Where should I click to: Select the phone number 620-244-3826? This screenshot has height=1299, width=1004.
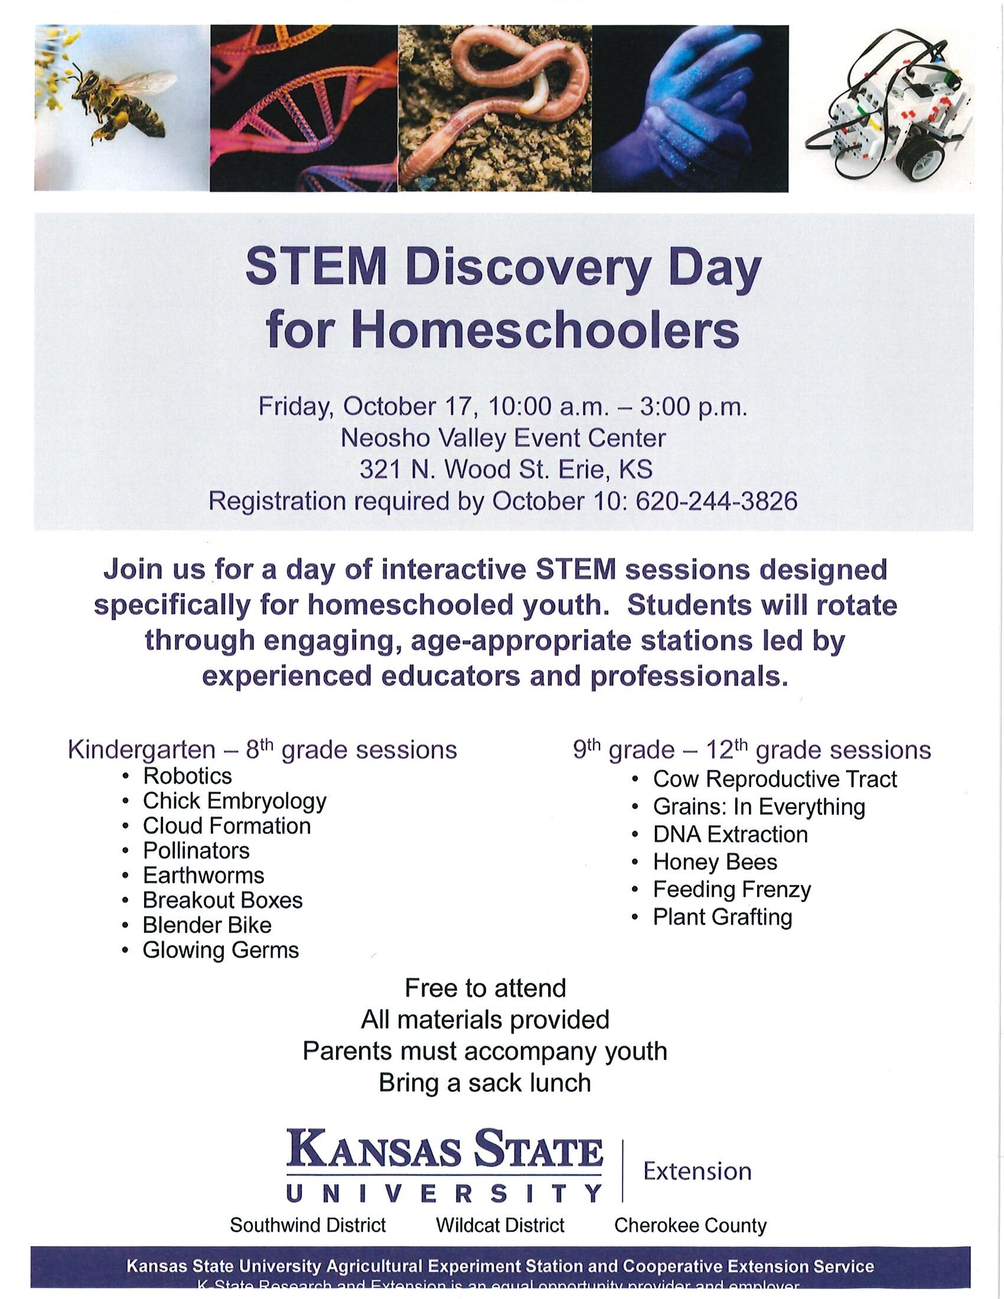tap(716, 501)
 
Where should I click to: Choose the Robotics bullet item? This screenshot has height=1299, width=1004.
tap(187, 776)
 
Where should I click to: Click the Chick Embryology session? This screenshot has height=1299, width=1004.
tap(234, 801)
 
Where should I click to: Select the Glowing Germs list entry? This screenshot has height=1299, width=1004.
tap(221, 950)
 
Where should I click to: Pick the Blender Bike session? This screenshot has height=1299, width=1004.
tap(207, 925)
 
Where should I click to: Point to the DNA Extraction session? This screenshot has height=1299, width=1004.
tap(730, 834)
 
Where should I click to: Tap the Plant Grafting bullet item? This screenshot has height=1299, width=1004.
tap(722, 916)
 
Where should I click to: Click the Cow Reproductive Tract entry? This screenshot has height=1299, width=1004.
tap(774, 779)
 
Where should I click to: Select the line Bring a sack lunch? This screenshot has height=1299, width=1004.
tap(485, 1082)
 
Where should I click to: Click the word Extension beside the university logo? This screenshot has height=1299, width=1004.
tap(697, 1171)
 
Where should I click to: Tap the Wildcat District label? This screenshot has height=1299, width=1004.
tap(500, 1225)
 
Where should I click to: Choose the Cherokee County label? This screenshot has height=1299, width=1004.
tap(690, 1225)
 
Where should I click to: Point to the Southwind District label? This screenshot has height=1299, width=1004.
tap(308, 1225)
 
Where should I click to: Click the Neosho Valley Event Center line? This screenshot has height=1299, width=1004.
tap(503, 438)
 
